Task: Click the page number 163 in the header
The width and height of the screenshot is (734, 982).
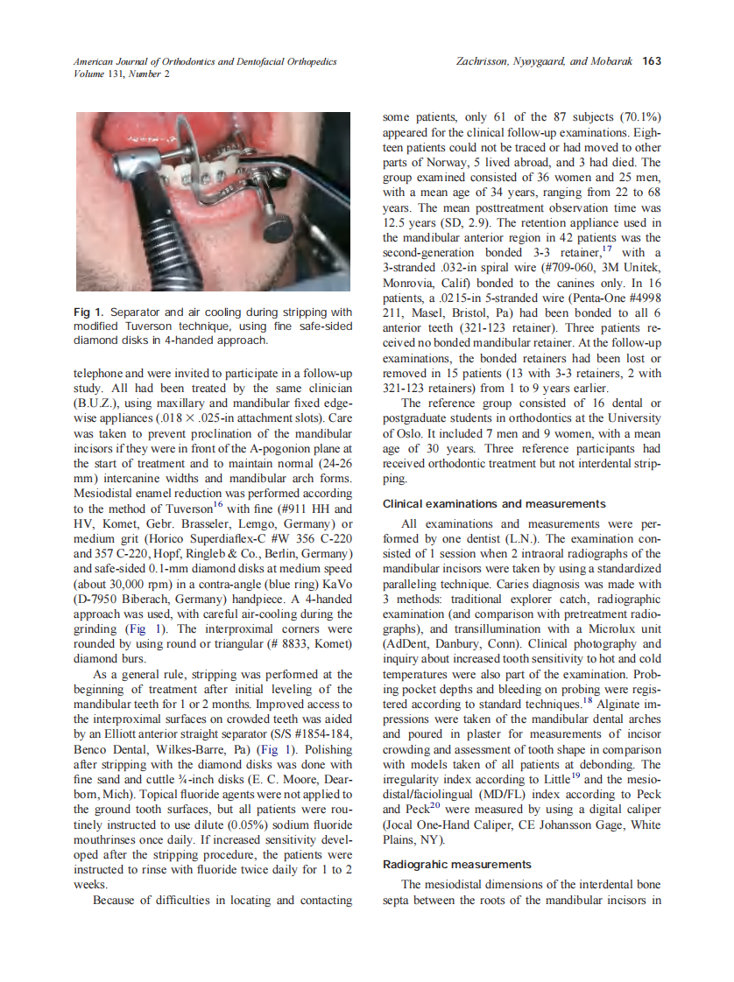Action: click(651, 61)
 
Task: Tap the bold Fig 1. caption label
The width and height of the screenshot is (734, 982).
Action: click(90, 312)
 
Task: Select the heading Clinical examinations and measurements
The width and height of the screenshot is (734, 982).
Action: click(494, 504)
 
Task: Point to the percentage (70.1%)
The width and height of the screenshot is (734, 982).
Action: click(634, 117)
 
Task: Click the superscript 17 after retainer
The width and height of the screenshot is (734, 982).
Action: click(610, 247)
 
